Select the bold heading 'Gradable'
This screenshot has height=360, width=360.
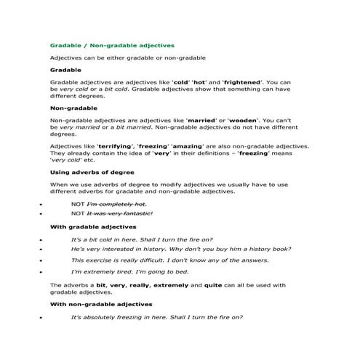click(x=65, y=70)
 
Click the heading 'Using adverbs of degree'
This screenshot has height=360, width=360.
click(x=91, y=172)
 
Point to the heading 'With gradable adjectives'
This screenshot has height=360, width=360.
click(x=92, y=227)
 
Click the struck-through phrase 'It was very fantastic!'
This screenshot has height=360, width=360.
click(x=120, y=214)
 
